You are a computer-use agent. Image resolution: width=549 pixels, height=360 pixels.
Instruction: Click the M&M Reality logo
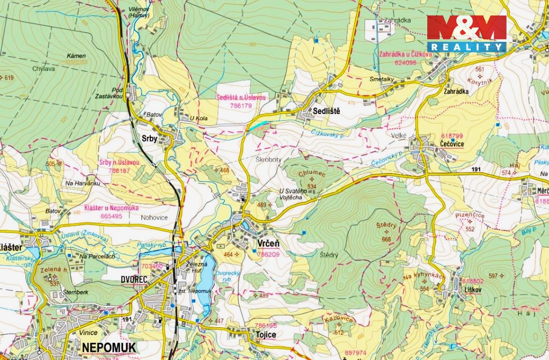[466, 33]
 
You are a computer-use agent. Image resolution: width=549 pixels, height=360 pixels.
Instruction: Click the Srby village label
[150, 139]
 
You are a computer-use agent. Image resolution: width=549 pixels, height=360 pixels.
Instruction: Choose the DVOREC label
[134, 279]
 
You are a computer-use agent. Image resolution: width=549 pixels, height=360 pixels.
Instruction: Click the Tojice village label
[266, 335]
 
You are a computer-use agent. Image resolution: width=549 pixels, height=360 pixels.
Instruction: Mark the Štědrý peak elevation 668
[386, 239]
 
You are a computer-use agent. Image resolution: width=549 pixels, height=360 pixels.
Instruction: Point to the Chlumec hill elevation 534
[312, 186]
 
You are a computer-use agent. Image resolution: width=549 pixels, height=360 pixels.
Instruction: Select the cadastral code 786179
[241, 105]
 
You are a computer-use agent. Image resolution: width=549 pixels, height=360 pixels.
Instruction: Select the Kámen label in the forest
[76, 55]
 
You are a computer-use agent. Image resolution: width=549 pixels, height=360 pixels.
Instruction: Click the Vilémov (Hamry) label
[138, 12]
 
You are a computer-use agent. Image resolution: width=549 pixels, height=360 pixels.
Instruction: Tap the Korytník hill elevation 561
[479, 69]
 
